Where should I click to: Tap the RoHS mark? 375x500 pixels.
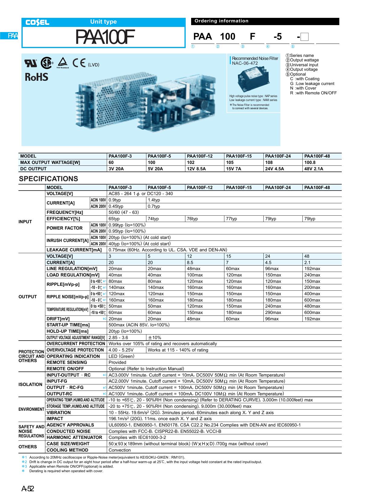[x=37, y=77]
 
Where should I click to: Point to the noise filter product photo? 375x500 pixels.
[x=253, y=79]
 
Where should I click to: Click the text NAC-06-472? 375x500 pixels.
[x=245, y=63]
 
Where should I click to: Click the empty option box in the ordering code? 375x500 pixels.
[x=305, y=37]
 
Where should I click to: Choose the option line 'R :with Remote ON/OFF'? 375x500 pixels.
[x=313, y=93]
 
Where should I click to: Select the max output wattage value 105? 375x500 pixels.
[x=230, y=162]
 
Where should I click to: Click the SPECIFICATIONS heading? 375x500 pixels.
[x=48, y=179]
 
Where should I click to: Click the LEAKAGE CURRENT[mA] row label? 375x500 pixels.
[x=74, y=250]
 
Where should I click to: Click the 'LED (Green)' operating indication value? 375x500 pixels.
[x=121, y=356]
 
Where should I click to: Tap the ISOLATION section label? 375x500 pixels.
[x=31, y=384]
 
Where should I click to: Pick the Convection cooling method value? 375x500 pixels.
[x=120, y=450]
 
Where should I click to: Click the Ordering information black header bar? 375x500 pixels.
[x=265, y=21]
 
